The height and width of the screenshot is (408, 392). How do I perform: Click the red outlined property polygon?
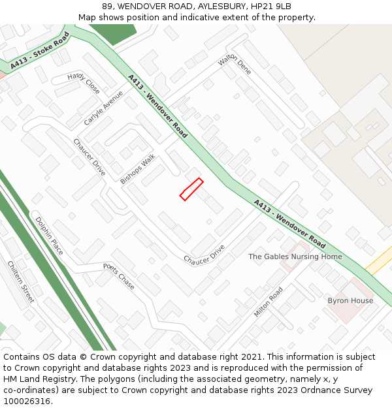[191, 189]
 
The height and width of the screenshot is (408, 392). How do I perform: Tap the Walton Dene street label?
[235, 65]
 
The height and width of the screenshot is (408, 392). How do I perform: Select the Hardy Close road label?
[84, 83]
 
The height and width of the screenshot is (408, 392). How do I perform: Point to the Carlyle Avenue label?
[103, 108]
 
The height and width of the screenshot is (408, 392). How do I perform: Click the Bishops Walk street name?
[138, 169]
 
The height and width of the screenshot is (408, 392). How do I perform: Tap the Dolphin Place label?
[49, 236]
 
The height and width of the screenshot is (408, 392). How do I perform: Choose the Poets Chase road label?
[119, 276]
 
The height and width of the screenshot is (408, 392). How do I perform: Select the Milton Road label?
[269, 302]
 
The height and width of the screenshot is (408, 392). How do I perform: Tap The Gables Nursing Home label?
[295, 257]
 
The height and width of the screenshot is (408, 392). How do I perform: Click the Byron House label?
[350, 301]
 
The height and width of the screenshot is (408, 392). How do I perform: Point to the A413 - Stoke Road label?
[40, 51]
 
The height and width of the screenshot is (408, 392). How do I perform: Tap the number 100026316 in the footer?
[28, 401]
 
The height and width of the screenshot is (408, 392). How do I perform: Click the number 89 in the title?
[107, 7]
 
